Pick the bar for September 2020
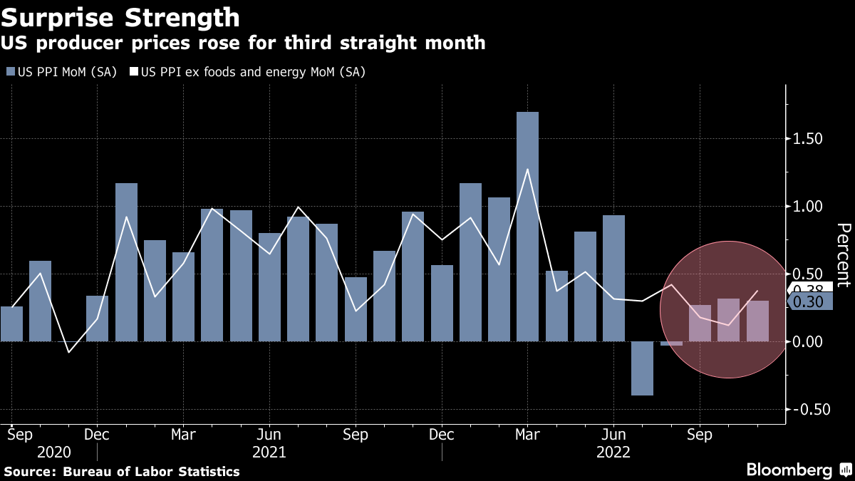[x=11, y=324]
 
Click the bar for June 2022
[x=613, y=278]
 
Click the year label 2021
[x=269, y=452]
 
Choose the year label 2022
[x=613, y=452]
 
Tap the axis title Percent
[x=844, y=254]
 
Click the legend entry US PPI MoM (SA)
[x=63, y=72]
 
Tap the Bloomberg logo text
[x=789, y=470]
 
